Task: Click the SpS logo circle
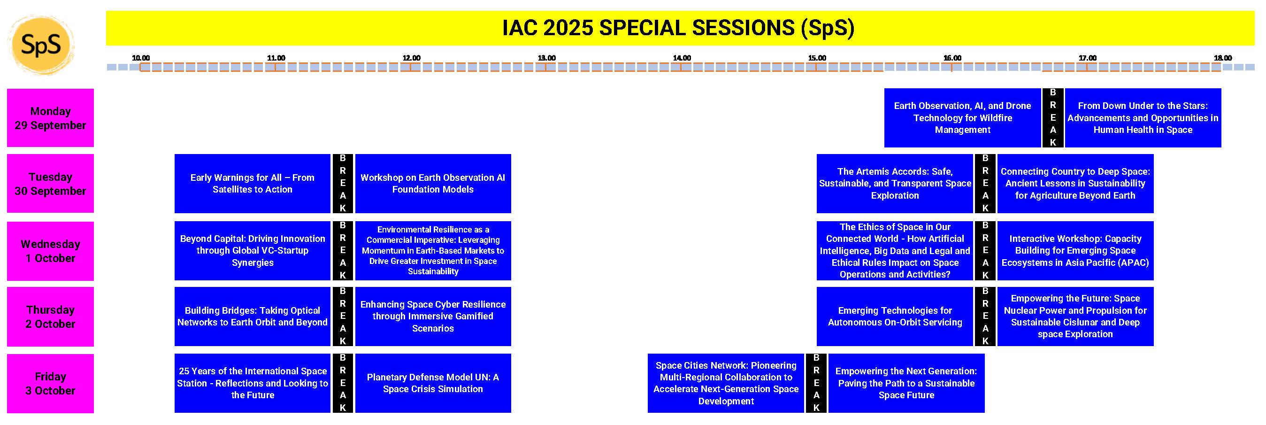(41, 45)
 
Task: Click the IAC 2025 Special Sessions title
(678, 28)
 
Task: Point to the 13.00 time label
(546, 58)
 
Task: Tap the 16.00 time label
(952, 58)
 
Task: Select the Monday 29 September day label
(50, 118)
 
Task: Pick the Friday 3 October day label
(50, 383)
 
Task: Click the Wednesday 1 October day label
(50, 251)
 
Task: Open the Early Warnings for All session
(252, 184)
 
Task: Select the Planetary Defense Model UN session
(433, 383)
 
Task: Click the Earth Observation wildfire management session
(962, 118)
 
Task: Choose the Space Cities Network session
(726, 383)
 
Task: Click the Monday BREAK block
(1053, 118)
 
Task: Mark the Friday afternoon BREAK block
(816, 383)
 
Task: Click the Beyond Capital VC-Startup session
(252, 251)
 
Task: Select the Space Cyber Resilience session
(433, 317)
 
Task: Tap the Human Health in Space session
(1143, 118)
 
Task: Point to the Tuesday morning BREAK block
(343, 184)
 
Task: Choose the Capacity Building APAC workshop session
(1075, 251)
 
